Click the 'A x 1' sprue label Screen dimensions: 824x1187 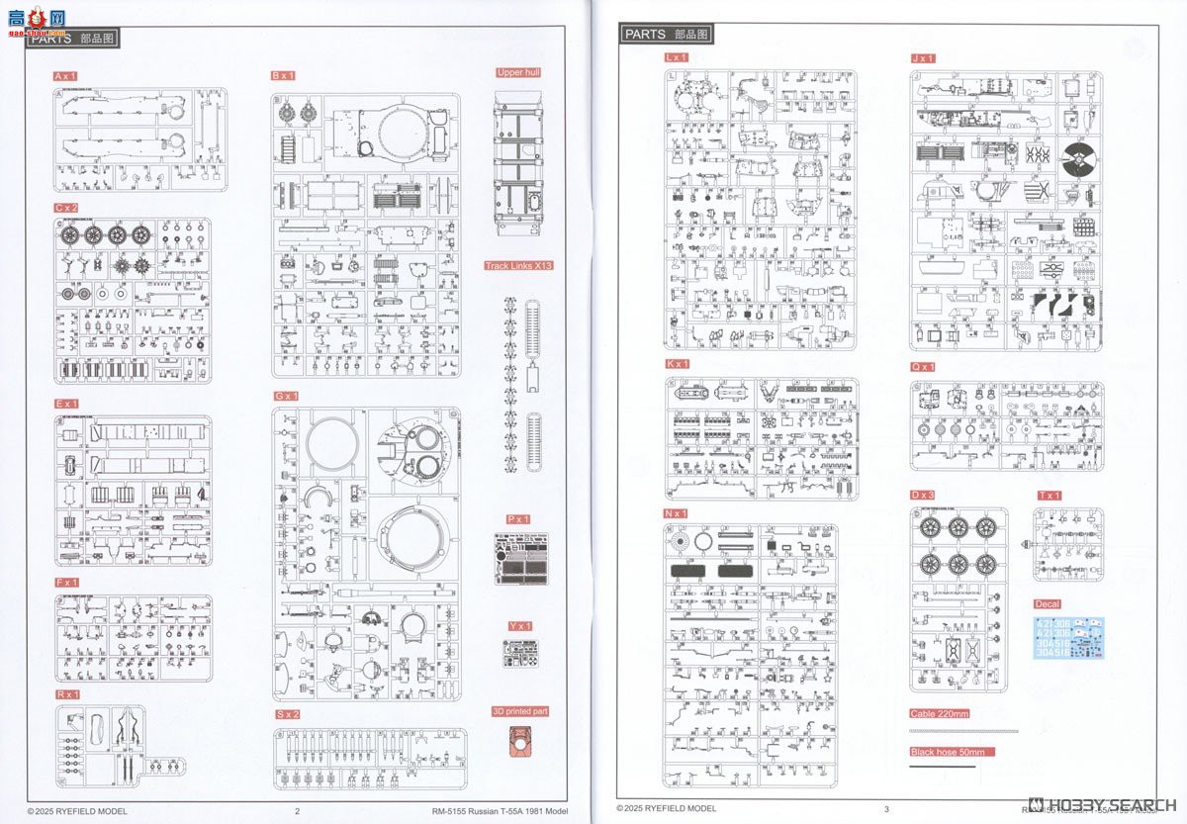point(66,76)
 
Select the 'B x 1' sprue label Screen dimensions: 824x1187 point(284,76)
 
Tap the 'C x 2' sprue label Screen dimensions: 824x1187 point(66,208)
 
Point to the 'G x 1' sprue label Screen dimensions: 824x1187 point(285,396)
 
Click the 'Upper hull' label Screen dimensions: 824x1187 point(519,72)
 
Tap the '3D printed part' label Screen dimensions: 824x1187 point(520,711)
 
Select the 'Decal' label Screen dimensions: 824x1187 point(1047,604)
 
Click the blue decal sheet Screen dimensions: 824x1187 point(1068,637)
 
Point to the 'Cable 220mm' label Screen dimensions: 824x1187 point(940,713)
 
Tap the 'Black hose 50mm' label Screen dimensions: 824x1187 point(952,752)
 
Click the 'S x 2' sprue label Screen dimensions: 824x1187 point(288,714)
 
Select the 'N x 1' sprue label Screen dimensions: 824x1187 point(677,513)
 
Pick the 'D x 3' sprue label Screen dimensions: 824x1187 point(923,495)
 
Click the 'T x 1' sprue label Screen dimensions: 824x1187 point(1050,496)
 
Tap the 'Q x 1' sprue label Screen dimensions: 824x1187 point(923,367)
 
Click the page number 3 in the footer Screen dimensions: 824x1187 point(887,808)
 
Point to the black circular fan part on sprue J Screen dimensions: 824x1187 point(1080,159)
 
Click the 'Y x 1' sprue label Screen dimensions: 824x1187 point(519,626)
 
